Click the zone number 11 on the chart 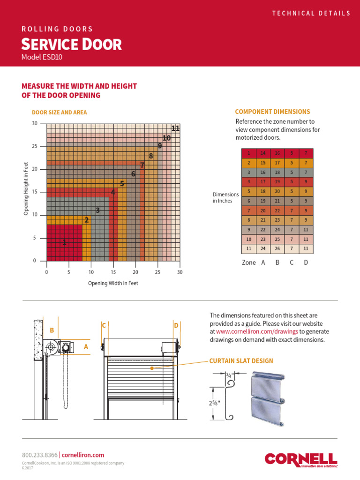(x=176, y=128)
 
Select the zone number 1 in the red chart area (x=64, y=242)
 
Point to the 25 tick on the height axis (x=34, y=146)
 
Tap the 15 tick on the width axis (x=113, y=272)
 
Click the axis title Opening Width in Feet (x=113, y=283)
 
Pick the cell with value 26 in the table (x=277, y=248)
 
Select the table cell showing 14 (x=263, y=153)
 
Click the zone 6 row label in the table (x=249, y=201)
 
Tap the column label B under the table (x=277, y=262)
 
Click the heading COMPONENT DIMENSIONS (x=272, y=112)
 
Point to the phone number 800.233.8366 (x=40, y=455)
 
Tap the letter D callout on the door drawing (x=176, y=325)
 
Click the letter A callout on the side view (x=86, y=347)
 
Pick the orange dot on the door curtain (x=152, y=368)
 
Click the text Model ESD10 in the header (x=41, y=57)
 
